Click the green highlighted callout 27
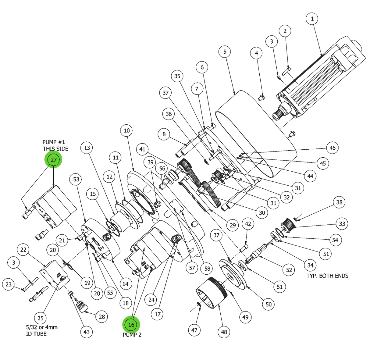pos(54,160)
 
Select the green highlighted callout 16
pos(131,325)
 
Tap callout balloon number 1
pos(312,19)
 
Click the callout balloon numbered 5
pos(225,52)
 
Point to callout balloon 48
pos(224,332)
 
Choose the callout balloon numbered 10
pos(127,131)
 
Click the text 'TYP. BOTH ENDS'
pos(327,276)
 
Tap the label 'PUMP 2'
pos(132,335)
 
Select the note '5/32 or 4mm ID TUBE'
pos(42,330)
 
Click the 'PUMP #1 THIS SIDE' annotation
pos(55,145)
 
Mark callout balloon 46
pos(333,148)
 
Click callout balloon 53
pos(76,179)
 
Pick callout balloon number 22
pos(23,250)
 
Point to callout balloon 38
pos(339,202)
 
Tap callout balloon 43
pos(87,332)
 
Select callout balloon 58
pos(207,269)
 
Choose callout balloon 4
pos(256,53)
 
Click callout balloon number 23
pos(9,284)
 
